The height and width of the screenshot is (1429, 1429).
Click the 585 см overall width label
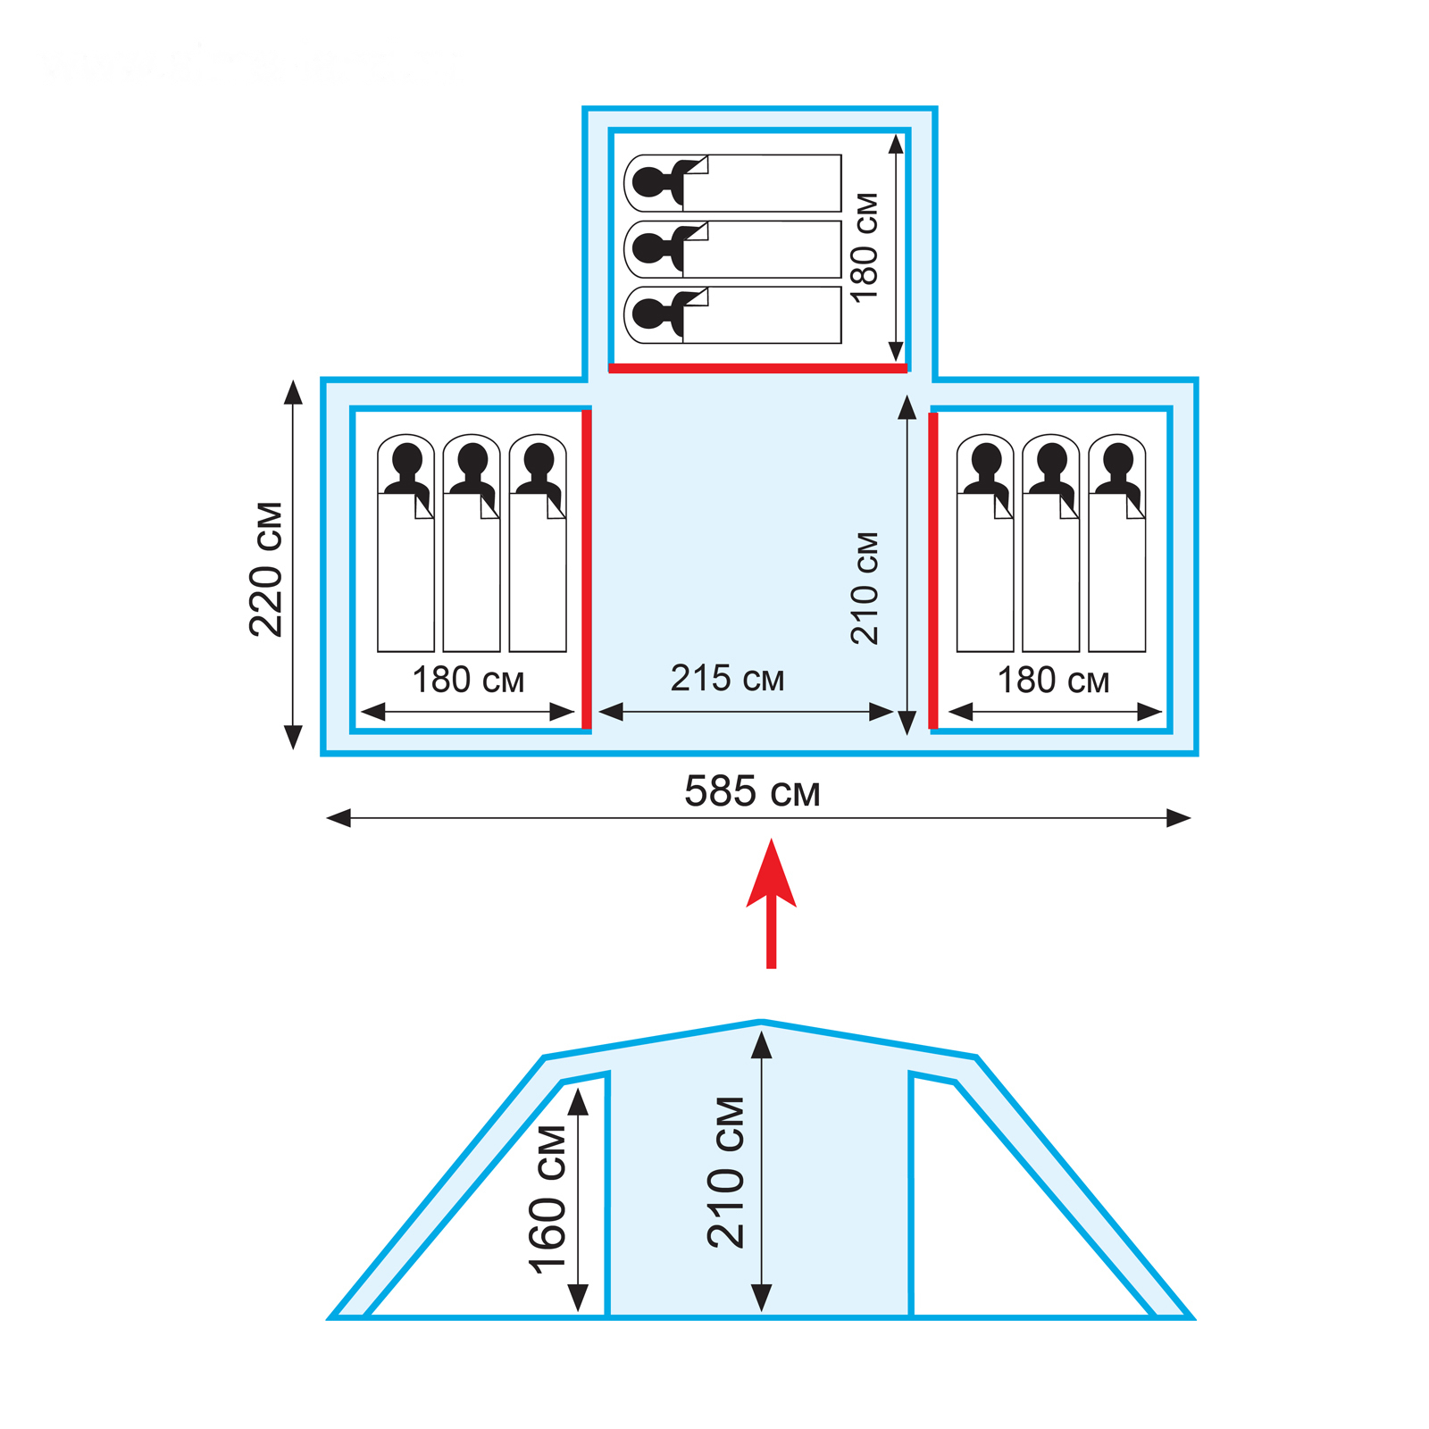click(x=752, y=791)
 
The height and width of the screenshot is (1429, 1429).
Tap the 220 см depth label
click(x=266, y=569)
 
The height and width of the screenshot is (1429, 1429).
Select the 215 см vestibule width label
click(x=727, y=679)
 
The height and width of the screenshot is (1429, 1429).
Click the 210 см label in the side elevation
click(x=726, y=1173)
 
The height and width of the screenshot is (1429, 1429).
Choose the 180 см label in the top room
click(x=865, y=247)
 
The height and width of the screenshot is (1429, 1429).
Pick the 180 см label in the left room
click(x=468, y=681)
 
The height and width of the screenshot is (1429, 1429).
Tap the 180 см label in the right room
click(x=1053, y=681)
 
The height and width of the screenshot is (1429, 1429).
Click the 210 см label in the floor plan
click(x=865, y=589)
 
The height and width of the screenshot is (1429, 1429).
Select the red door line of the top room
click(x=757, y=368)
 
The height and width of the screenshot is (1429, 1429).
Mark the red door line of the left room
click(x=587, y=569)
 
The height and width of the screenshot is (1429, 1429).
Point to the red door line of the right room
click(x=933, y=569)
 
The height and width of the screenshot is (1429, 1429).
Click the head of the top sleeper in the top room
click(x=650, y=182)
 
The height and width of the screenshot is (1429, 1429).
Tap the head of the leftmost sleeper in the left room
click(x=406, y=459)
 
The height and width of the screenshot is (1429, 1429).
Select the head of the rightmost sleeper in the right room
click(x=1117, y=459)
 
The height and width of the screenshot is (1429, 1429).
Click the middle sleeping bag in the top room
click(x=759, y=249)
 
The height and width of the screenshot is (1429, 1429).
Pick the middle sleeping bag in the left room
click(x=472, y=572)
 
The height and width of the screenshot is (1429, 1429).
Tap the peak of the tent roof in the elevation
click(x=760, y=1022)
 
